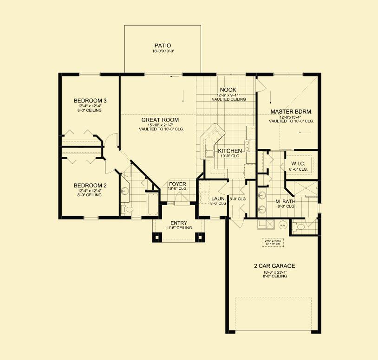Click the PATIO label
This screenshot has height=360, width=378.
coord(163,45)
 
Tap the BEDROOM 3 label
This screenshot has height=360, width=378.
coord(90,101)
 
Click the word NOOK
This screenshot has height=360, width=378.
coord(228,90)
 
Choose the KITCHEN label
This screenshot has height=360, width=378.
coord(230,151)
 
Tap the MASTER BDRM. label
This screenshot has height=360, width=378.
coord(291,112)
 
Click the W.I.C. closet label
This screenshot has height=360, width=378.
coord(298,164)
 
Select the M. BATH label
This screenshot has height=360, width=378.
coord(284,201)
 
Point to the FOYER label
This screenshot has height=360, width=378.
coord(177,184)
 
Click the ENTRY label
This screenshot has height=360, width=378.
coord(179,223)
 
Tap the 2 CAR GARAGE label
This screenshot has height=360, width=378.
coord(274,266)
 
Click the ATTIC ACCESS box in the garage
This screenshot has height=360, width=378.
coord(273,243)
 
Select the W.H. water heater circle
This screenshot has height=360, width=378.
coord(283,225)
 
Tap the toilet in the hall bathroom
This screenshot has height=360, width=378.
coord(128,210)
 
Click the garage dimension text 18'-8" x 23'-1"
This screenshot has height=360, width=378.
coord(274,272)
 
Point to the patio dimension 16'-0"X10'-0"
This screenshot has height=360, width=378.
coord(163,51)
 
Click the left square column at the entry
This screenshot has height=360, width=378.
coord(156,237)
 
